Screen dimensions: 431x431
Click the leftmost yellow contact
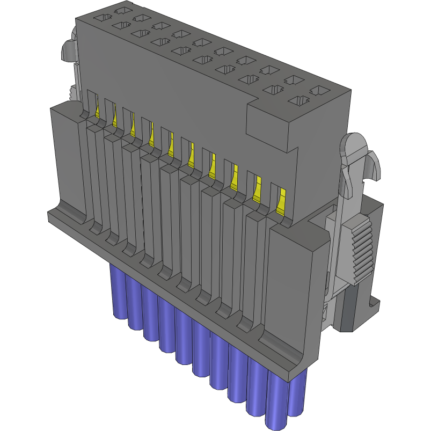pyautogui.click(x=98, y=109)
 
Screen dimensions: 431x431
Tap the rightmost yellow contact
pyautogui.click(x=281, y=202)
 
